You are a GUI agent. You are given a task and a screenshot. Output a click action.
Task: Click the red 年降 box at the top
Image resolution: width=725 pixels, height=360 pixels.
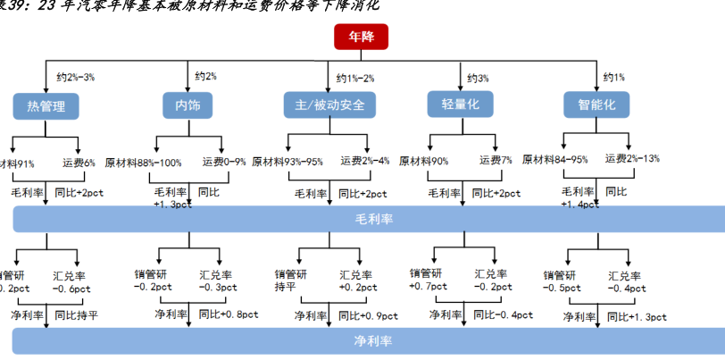pos(361,38)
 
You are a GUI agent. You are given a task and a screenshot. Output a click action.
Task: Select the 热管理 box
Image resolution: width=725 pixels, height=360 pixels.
pos(46,106)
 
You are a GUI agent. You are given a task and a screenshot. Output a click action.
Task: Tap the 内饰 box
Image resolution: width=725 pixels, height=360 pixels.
pos(187,106)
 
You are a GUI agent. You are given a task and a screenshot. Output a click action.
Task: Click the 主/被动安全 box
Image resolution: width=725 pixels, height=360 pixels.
pos(329,106)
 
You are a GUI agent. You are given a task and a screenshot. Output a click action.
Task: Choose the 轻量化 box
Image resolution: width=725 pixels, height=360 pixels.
pos(461,106)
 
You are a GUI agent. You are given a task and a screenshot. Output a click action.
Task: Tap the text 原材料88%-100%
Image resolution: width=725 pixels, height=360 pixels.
pos(144,163)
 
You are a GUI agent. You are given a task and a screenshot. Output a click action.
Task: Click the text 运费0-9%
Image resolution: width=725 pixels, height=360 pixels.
pos(224,163)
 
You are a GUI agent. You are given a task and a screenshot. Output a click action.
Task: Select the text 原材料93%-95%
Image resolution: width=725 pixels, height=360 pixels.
pos(287,162)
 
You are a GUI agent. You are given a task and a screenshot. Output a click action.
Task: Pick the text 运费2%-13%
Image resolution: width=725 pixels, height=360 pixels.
pos(630,159)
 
